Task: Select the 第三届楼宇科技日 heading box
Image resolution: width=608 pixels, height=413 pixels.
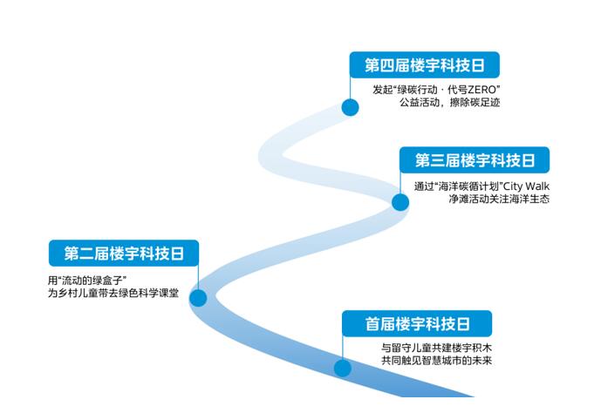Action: coord(475,159)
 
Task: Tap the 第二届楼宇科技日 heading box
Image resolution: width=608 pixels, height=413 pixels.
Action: coord(123,254)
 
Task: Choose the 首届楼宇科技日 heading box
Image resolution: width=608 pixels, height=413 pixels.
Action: coord(417,324)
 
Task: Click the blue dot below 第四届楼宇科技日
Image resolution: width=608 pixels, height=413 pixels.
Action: coord(350,107)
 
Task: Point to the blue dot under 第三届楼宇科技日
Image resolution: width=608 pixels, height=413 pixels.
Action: coord(400,202)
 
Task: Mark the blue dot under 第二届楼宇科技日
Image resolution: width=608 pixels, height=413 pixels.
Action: coord(198,297)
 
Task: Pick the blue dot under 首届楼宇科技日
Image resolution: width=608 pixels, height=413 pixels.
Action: coord(343,368)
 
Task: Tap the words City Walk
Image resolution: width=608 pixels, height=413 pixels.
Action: coord(525,186)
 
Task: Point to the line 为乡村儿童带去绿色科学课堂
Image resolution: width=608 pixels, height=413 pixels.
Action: coord(113,294)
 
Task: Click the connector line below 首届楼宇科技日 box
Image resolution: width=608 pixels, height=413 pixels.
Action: coord(343,348)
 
